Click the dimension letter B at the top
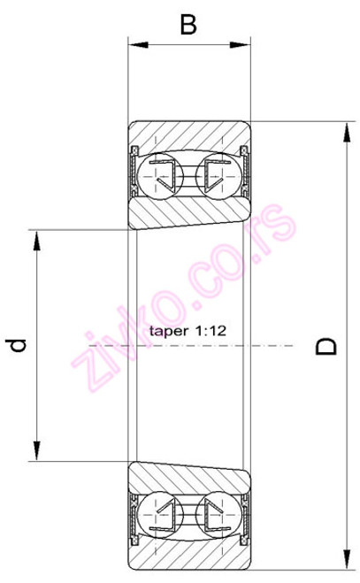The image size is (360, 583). [188, 24]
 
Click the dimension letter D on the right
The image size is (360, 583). [327, 346]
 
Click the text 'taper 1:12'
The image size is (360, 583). [190, 330]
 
